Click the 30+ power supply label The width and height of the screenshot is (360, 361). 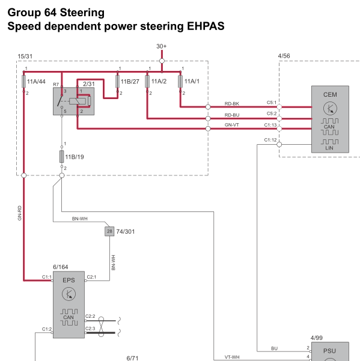click(162, 46)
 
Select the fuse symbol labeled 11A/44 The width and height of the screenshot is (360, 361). click(23, 81)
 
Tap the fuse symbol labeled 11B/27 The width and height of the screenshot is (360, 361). click(117, 81)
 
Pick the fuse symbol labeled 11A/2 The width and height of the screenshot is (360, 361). click(147, 81)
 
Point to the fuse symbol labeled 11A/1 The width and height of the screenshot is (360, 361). click(180, 81)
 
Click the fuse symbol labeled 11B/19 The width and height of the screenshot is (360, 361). click(62, 157)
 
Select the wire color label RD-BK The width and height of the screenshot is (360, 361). click(232, 104)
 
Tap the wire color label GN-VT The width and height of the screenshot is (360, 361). click(232, 125)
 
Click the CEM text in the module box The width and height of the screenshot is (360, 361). click(330, 95)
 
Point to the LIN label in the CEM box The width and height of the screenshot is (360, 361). click(329, 148)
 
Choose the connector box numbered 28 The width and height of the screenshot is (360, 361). click(109, 231)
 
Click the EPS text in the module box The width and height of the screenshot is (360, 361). click(69, 280)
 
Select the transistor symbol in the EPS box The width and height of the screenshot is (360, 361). click(69, 294)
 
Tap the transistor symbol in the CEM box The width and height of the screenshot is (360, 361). click(330, 109)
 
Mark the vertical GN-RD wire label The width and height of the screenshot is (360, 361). click(20, 213)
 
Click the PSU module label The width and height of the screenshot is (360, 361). click(329, 351)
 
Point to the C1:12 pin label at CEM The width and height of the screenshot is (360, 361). click(270, 140)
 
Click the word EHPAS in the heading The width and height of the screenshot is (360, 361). click(206, 26)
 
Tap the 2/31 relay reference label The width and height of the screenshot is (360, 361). click(89, 84)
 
